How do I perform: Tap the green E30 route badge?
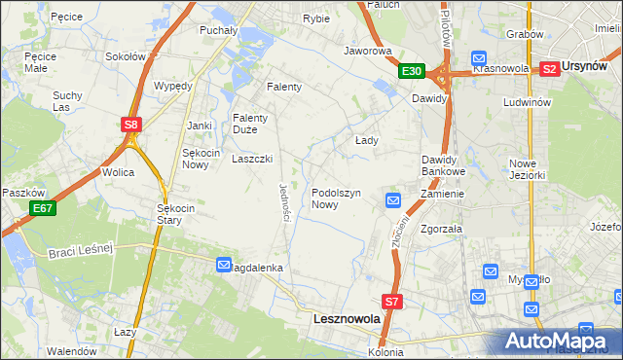click(411, 71)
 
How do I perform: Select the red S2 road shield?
click(549, 68)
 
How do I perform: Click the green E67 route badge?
click(41, 208)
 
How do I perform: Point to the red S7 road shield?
click(391, 303)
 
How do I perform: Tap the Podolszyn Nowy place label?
click(337, 198)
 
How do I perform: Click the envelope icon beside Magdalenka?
click(224, 265)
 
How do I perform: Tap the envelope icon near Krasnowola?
click(478, 57)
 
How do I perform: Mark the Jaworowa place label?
click(367, 50)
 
